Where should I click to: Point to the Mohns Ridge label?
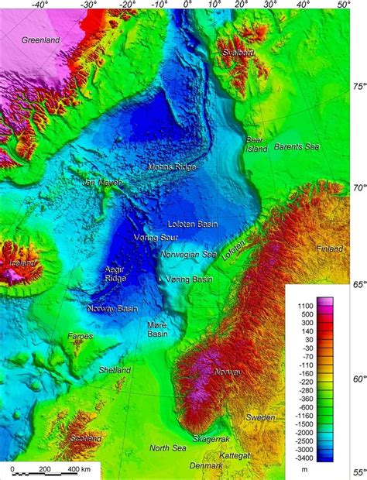172,166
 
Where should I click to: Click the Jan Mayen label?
103,183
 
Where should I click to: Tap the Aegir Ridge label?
115,273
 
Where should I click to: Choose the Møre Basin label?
157,330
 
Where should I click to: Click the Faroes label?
79,337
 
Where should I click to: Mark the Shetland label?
115,371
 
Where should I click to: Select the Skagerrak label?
211,438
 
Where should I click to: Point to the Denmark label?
206,466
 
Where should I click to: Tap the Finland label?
331,249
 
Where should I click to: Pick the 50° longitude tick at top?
343,5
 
